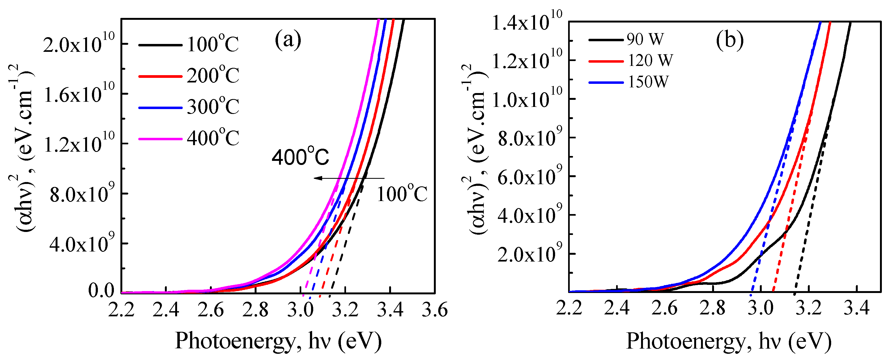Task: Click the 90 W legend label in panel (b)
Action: click(x=645, y=39)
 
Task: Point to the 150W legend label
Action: click(x=648, y=82)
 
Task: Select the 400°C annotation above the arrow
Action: click(x=300, y=157)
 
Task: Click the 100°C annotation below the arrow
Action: click(x=401, y=195)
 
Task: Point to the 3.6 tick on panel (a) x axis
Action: click(x=434, y=310)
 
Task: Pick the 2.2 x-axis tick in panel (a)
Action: click(x=121, y=310)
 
